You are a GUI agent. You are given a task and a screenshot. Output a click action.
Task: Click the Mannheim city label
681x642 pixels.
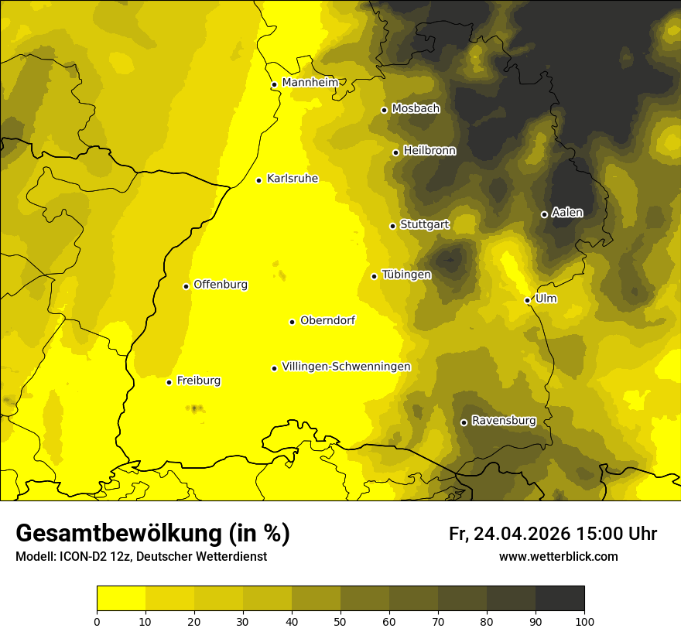pyautogui.click(x=310, y=82)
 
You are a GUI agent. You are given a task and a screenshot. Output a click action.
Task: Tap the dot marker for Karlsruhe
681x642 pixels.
pyautogui.click(x=259, y=180)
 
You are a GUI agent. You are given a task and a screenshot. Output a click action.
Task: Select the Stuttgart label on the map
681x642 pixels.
pyautogui.click(x=424, y=224)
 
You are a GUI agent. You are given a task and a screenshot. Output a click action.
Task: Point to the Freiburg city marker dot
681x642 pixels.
pyautogui.click(x=169, y=382)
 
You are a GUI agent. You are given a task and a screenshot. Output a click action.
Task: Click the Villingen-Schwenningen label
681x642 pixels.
pyautogui.click(x=346, y=367)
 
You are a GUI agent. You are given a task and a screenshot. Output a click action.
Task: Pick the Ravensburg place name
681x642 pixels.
pyautogui.click(x=503, y=421)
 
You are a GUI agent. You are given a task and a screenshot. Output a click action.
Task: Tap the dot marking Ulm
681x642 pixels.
pyautogui.click(x=528, y=300)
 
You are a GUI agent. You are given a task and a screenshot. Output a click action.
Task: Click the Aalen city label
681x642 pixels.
pyautogui.click(x=566, y=213)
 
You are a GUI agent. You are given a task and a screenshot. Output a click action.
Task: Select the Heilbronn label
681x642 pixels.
pyautogui.click(x=429, y=151)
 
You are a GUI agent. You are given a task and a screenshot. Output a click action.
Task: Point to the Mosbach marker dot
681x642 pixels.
pyautogui.click(x=384, y=110)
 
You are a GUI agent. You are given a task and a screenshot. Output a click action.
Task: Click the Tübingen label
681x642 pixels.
pyautogui.click(x=406, y=275)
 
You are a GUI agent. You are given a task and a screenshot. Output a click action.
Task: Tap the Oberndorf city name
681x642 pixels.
pyautogui.click(x=327, y=320)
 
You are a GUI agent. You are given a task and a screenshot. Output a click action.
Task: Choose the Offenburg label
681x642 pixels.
pyautogui.click(x=221, y=285)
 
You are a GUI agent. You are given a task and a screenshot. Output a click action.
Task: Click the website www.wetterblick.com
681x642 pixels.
pyautogui.click(x=558, y=557)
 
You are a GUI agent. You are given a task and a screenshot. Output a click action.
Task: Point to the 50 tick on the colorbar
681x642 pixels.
pyautogui.click(x=340, y=621)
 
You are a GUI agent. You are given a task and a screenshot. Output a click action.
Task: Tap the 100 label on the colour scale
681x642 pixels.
pyautogui.click(x=584, y=621)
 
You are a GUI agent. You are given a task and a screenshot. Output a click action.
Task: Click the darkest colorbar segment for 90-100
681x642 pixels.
pyautogui.click(x=560, y=599)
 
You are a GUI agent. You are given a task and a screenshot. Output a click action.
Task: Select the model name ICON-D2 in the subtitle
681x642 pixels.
pyautogui.click(x=78, y=557)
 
